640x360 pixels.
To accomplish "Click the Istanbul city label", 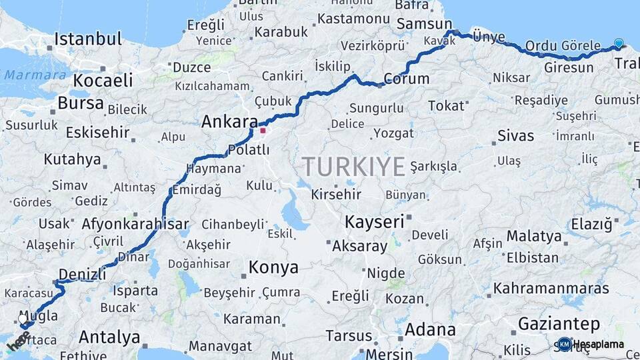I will point(89,39).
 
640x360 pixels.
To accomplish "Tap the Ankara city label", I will point(229,122).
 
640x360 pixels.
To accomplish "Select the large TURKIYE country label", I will point(353,167).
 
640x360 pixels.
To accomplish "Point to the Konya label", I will point(273,268).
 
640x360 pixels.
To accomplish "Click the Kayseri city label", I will point(375,221).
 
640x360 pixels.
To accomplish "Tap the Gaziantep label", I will point(559,324).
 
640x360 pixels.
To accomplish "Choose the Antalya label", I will point(109,337).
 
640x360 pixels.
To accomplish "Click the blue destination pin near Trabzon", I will point(619,44).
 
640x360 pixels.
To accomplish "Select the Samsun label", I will point(424,24).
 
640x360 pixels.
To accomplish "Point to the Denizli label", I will point(82,274).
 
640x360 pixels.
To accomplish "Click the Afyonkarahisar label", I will point(135,225).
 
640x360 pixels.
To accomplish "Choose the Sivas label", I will point(516,136).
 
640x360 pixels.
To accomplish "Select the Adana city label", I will point(430,330).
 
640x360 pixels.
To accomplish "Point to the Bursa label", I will point(81,103).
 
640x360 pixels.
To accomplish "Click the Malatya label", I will point(534,236).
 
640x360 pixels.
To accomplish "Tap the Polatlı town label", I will point(249,149).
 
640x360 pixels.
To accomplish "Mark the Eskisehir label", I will point(97,132).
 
